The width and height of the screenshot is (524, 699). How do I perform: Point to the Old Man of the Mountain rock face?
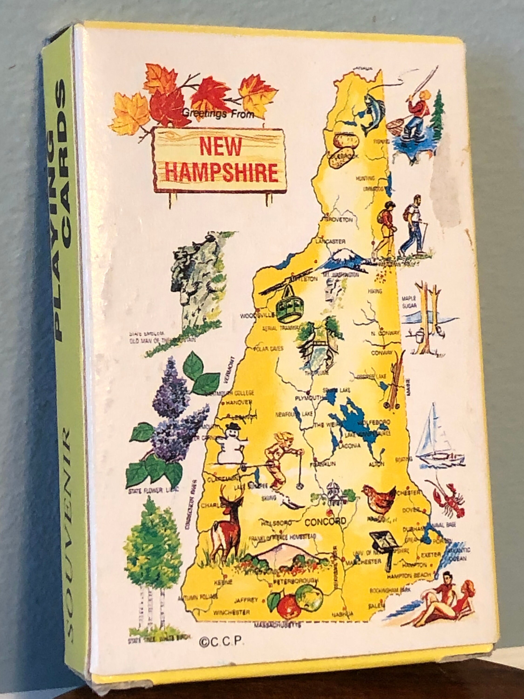click(190, 281)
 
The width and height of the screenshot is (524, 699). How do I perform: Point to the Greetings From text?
click(218, 115)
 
